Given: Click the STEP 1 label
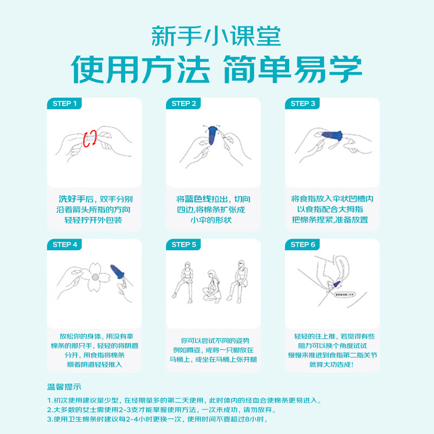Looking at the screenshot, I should click(x=65, y=103).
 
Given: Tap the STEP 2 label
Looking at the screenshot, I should click(x=184, y=103).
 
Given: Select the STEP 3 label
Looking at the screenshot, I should click(x=303, y=103).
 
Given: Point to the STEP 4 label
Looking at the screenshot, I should click(x=65, y=245).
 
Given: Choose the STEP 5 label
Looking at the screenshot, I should click(x=184, y=245).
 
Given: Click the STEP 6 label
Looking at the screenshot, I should click(x=303, y=245).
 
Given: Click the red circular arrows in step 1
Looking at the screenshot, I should click(x=90, y=138).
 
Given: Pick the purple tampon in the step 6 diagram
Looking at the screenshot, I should click(x=337, y=282).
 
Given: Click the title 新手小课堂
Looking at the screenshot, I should click(x=216, y=36).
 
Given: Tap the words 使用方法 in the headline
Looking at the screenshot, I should click(x=141, y=68).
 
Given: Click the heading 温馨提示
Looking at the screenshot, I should click(x=63, y=387).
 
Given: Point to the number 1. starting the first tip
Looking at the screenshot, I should click(x=49, y=401).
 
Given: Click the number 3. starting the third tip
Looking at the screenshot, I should click(x=49, y=419).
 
